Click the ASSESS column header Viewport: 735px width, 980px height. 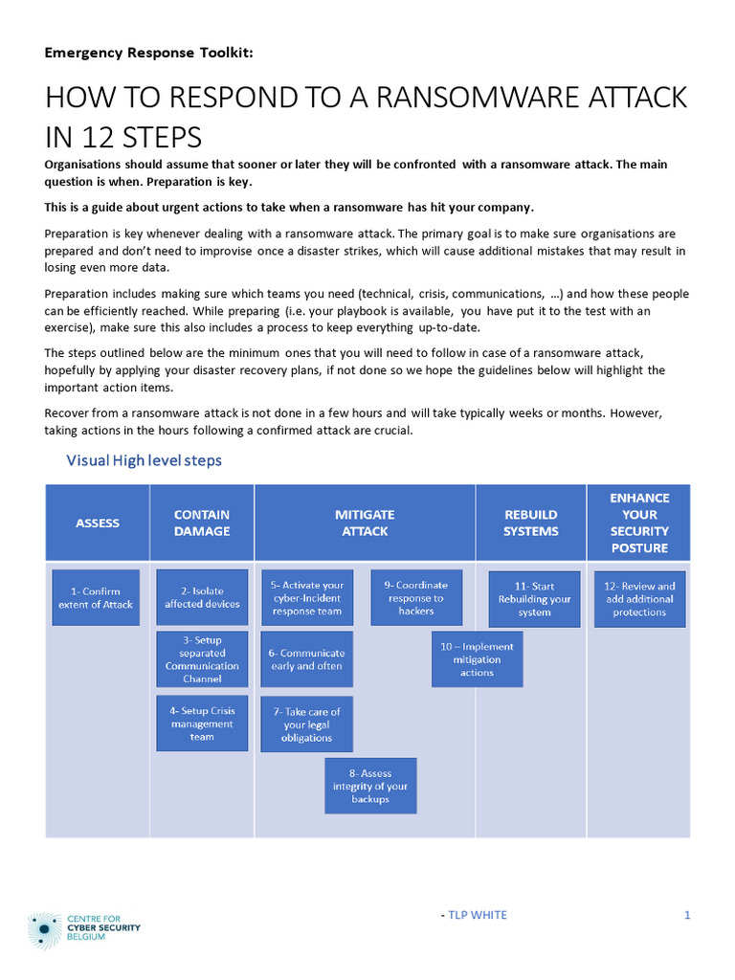[x=98, y=523]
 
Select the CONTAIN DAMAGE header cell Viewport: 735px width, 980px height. [x=202, y=523]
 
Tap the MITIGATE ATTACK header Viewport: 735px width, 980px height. [x=365, y=523]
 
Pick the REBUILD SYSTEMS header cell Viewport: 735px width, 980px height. [x=530, y=523]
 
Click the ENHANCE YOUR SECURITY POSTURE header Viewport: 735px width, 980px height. [x=639, y=523]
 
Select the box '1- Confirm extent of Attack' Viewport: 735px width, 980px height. [x=96, y=598]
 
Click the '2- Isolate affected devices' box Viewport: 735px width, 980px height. [x=202, y=598]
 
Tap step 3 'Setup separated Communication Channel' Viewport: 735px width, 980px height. [x=202, y=659]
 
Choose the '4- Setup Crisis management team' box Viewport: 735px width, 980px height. [x=202, y=724]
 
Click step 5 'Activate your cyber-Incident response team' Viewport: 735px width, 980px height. [x=306, y=598]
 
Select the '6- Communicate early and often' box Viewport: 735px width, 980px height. [x=306, y=659]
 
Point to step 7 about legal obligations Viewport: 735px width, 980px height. [x=306, y=724]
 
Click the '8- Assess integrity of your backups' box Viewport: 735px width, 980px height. [x=370, y=786]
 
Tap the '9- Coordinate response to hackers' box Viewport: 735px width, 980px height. [x=415, y=598]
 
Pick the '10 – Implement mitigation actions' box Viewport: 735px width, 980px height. [x=477, y=659]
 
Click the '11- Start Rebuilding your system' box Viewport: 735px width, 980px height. [x=534, y=599]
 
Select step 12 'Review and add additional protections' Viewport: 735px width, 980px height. [x=639, y=599]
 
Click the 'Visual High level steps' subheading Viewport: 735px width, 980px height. [x=144, y=460]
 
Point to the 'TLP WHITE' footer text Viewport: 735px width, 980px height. [x=477, y=915]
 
